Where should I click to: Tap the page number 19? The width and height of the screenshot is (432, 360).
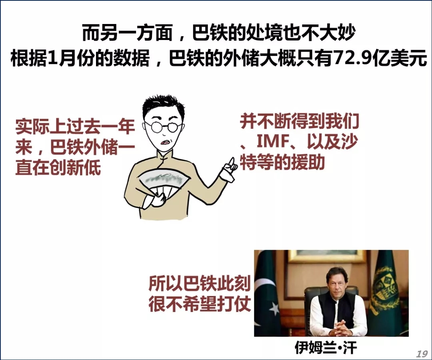(x=422, y=353)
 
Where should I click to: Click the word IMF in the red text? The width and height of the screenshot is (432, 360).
(x=272, y=142)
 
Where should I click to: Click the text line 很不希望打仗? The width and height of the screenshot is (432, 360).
(x=200, y=304)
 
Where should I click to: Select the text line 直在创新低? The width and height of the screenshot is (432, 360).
(x=58, y=167)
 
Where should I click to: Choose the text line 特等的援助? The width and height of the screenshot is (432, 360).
(x=282, y=162)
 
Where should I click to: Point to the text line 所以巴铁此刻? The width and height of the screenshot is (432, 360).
(x=200, y=283)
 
